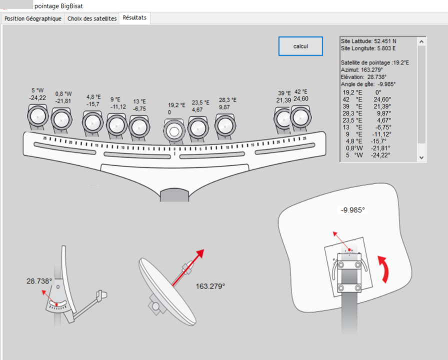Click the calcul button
pos(300,46)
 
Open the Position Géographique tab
pos(33,18)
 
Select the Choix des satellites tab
pos(92,18)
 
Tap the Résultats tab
pos(134,17)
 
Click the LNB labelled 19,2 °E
pos(174,131)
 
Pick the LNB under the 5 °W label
pos(37,116)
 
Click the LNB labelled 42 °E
pos(300,117)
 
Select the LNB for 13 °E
pos(139,127)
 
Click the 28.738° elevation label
pos(39,281)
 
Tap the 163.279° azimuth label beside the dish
pos(210,286)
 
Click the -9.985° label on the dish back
pos(353,210)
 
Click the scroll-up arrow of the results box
pos(421,41)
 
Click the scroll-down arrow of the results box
pos(421,157)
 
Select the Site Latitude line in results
pos(368,41)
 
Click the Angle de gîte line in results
pos(368,84)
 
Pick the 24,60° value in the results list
pos(382,99)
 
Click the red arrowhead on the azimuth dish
pos(200,253)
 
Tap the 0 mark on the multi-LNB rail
pos(174,149)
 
